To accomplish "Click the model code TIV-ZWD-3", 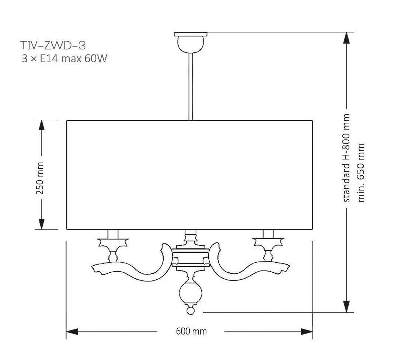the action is tap(53, 45).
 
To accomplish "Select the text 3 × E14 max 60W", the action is tap(64, 59).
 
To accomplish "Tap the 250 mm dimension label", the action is tap(40, 178).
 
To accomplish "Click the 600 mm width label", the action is tap(191, 331).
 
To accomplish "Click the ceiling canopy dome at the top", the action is tap(191, 44).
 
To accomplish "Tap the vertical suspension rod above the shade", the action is tap(191, 87).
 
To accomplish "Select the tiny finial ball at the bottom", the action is tap(191, 311).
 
